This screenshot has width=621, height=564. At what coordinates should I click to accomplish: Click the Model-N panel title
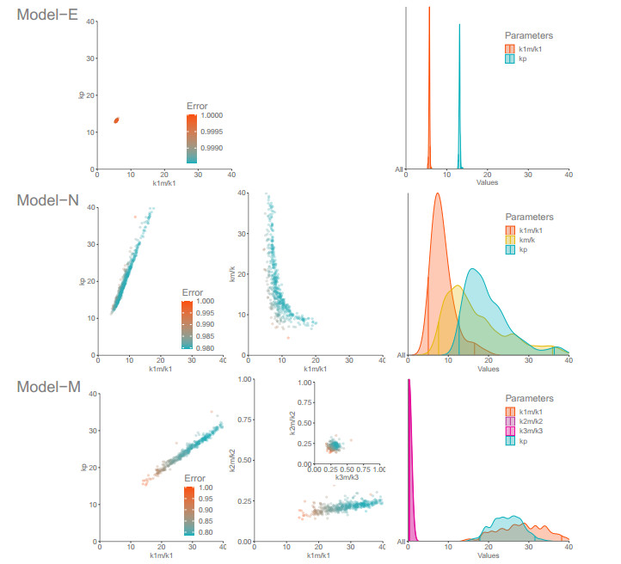tap(50, 199)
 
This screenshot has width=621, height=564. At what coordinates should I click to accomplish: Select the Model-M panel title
tap(50, 387)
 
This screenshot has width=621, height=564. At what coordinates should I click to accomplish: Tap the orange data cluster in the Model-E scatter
tap(116, 120)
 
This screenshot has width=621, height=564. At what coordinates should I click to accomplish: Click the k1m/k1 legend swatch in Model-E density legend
tap(510, 50)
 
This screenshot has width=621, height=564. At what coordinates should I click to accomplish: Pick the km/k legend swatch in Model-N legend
tap(510, 239)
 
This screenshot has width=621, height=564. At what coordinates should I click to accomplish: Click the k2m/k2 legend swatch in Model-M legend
tap(510, 420)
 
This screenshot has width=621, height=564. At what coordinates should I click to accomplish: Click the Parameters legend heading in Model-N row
tap(528, 217)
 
